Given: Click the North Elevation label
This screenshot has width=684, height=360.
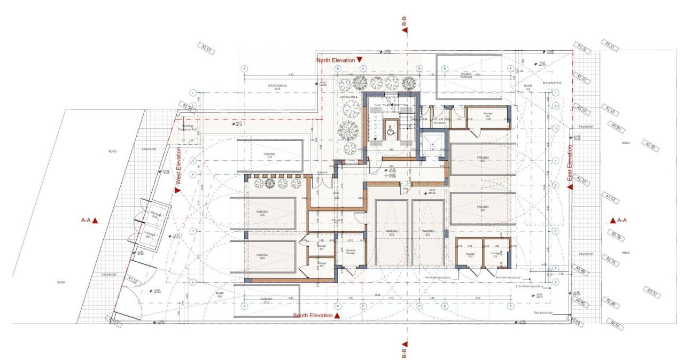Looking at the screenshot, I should (335, 60).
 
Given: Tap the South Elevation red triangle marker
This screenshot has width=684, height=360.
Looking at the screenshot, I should (338, 316).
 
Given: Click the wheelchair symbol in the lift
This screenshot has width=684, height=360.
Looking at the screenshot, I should (390, 128).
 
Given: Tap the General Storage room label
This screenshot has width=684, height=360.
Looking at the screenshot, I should (351, 252).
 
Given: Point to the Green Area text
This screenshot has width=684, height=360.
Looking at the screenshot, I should (350, 97).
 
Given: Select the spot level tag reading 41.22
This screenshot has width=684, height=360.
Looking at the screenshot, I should (133, 280).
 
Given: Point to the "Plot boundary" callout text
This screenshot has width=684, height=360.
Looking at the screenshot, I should (543, 313).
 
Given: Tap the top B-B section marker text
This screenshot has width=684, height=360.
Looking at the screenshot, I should (405, 21).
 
